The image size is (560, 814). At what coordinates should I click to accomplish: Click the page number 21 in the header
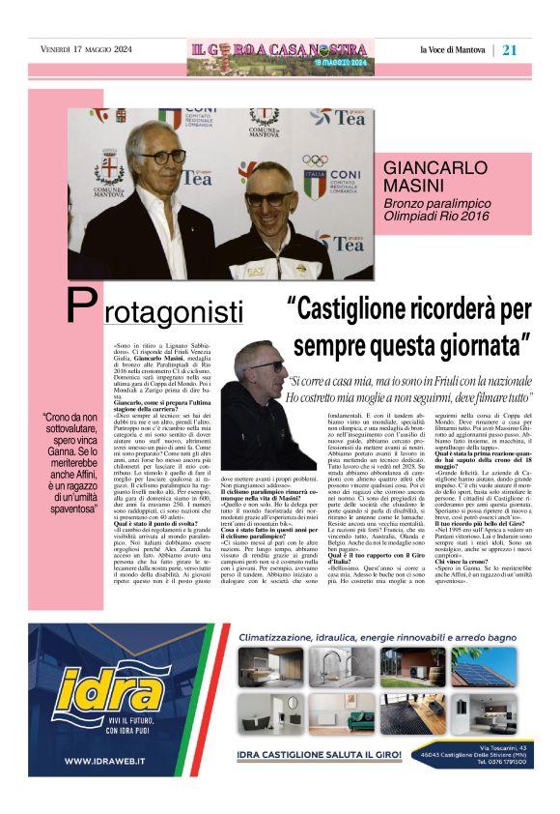pyautogui.click(x=510, y=50)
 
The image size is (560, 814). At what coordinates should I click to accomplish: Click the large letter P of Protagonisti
pyautogui.click(x=81, y=307)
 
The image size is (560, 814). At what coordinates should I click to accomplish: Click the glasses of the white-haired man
pyautogui.click(x=163, y=157)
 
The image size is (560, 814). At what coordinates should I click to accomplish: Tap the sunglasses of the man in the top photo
pyautogui.click(x=266, y=199)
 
